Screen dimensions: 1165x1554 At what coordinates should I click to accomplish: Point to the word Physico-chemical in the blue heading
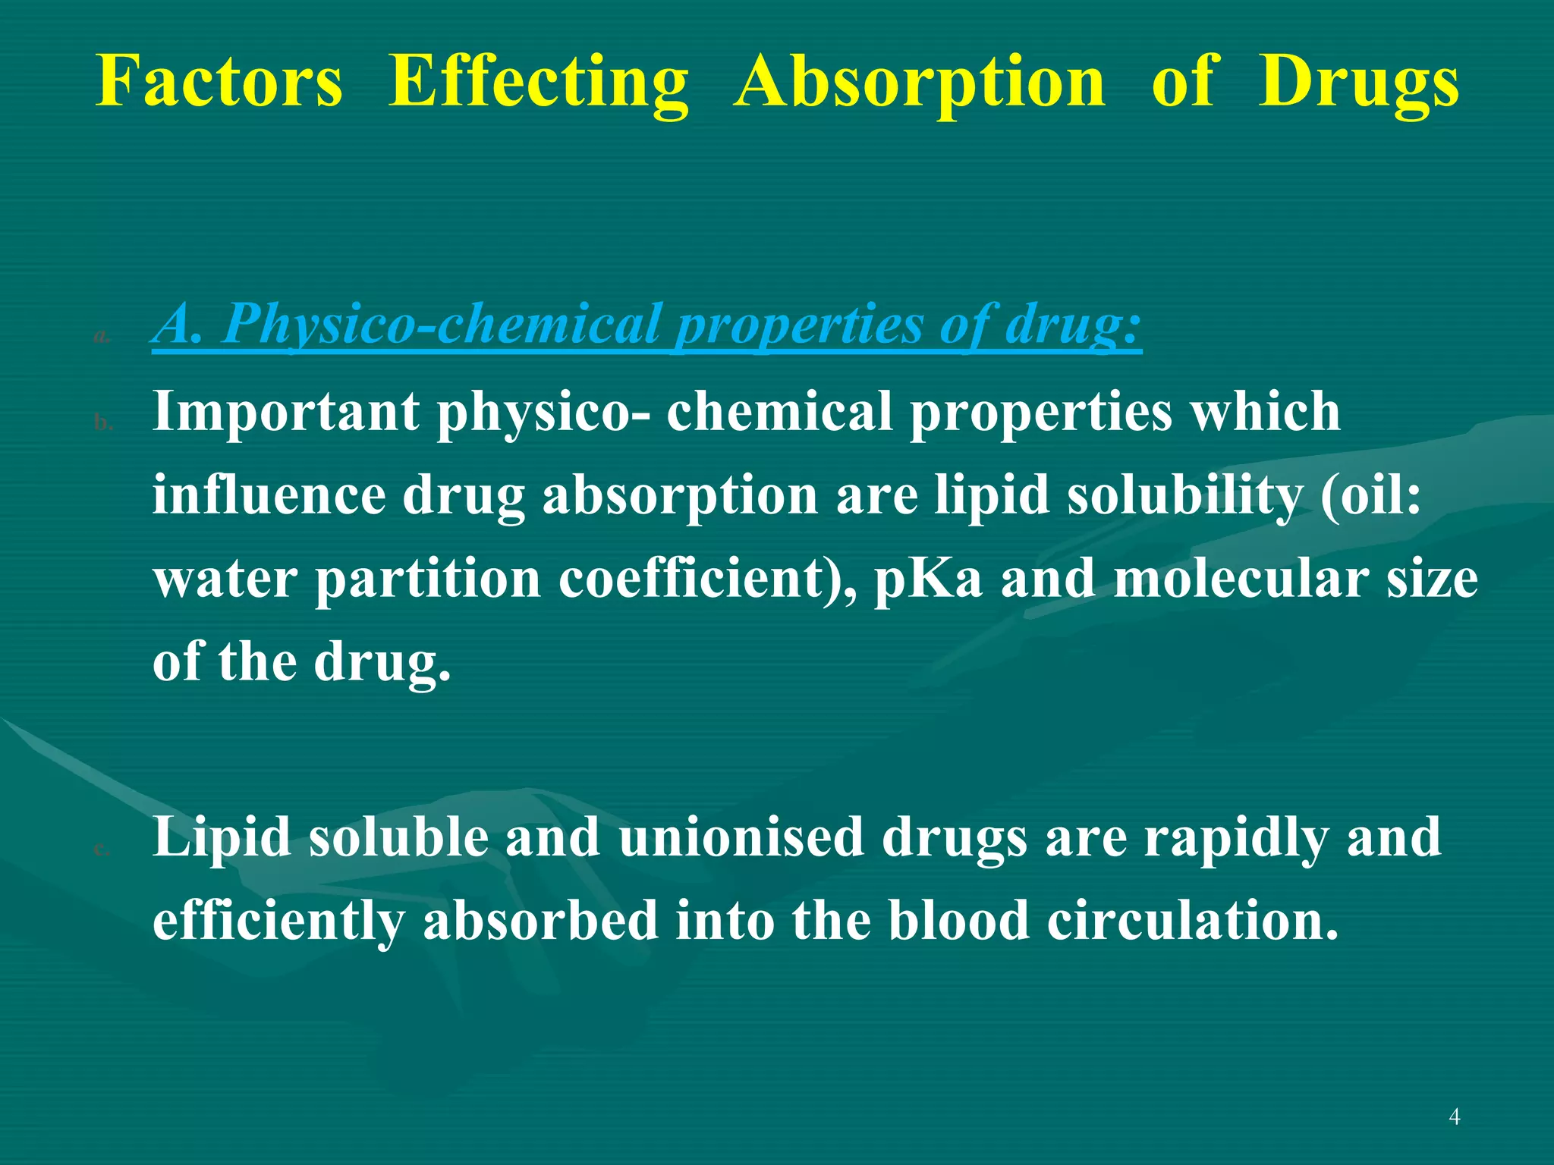point(441,325)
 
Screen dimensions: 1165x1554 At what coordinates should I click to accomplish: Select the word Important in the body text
point(285,412)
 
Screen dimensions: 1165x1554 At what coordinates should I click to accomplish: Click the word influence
point(269,495)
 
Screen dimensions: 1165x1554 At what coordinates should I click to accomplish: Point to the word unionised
point(741,837)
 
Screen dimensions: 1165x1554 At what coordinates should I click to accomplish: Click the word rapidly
point(1236,837)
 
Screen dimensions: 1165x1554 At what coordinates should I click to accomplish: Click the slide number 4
point(1454,1116)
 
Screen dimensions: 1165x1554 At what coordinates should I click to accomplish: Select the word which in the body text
point(1264,412)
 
